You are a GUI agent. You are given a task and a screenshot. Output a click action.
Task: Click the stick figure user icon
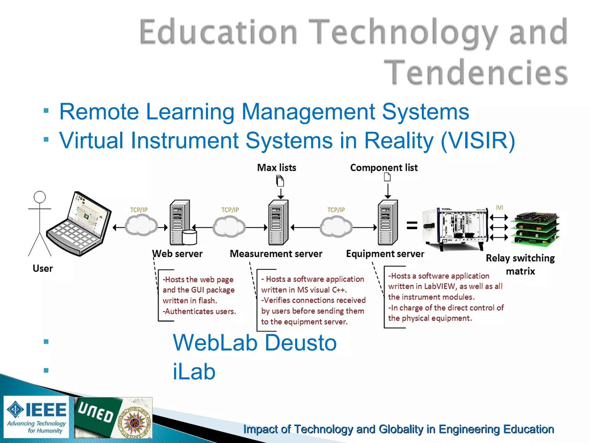(40, 224)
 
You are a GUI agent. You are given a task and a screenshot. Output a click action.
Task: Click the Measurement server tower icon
(278, 222)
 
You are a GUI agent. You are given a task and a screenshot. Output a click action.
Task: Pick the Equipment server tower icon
(387, 222)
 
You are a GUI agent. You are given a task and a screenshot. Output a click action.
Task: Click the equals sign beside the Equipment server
(412, 225)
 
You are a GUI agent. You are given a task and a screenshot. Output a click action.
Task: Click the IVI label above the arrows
(499, 207)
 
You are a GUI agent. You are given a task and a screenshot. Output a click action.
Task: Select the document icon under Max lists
(280, 181)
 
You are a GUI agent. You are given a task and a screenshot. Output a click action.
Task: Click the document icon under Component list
(387, 177)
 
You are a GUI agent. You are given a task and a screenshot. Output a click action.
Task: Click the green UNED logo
(97, 415)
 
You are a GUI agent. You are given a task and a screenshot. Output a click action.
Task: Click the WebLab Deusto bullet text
(254, 343)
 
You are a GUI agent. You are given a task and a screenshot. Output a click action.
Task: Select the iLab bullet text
(194, 371)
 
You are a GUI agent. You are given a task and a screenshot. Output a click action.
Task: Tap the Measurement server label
(276, 254)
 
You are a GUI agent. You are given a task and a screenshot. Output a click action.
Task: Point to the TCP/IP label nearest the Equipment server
(336, 210)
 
